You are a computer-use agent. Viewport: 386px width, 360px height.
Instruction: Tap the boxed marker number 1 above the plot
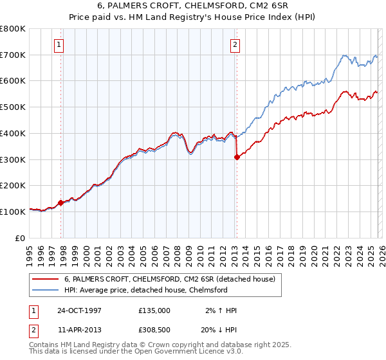[x=59, y=45]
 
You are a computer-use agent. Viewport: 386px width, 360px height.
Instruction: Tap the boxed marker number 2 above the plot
[x=235, y=45]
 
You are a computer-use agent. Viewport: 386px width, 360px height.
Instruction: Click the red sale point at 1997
[x=61, y=203]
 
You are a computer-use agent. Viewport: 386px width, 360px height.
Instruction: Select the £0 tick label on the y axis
[x=21, y=238]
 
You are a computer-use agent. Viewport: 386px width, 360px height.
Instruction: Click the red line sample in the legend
[x=46, y=279]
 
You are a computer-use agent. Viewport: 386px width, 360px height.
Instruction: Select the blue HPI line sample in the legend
[x=46, y=290]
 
